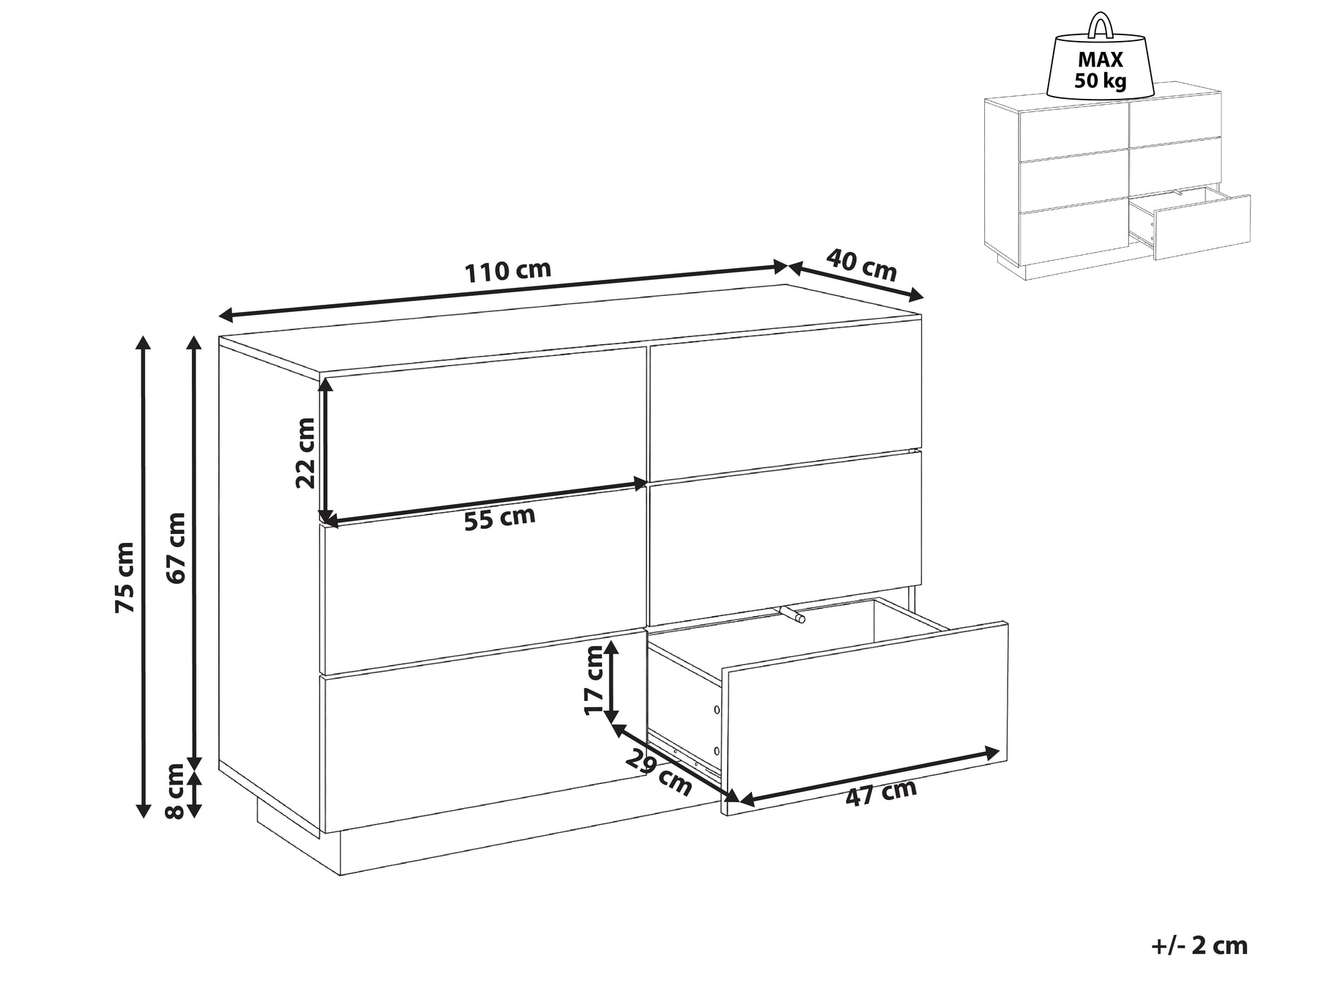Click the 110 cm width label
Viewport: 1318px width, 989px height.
pyautogui.click(x=508, y=270)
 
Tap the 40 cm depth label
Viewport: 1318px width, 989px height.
pyautogui.click(x=862, y=264)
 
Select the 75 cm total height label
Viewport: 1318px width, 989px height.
pyautogui.click(x=124, y=577)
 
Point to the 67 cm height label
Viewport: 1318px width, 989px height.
pyautogui.click(x=176, y=548)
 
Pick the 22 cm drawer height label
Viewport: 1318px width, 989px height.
pyautogui.click(x=305, y=452)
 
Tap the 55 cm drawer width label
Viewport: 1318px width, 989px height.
pyautogui.click(x=500, y=518)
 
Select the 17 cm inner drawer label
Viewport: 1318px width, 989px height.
pyautogui.click(x=595, y=678)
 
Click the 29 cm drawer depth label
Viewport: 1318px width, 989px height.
pyautogui.click(x=658, y=774)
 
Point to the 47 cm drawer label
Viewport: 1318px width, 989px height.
pyautogui.click(x=881, y=793)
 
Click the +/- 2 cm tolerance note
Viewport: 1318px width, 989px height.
pyautogui.click(x=1199, y=945)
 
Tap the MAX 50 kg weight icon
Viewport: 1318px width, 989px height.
pyautogui.click(x=1100, y=58)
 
